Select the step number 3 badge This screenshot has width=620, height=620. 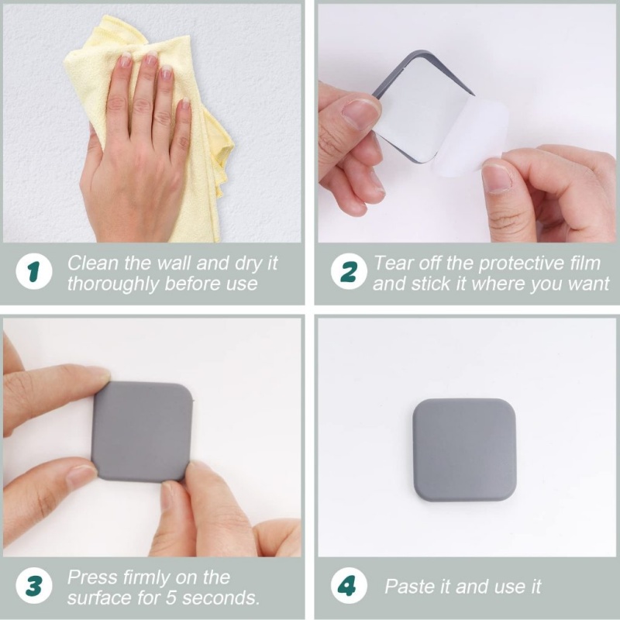33,587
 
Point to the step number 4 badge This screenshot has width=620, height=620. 346,587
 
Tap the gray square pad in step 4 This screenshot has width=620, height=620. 464,449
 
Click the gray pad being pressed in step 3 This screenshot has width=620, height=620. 141,431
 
